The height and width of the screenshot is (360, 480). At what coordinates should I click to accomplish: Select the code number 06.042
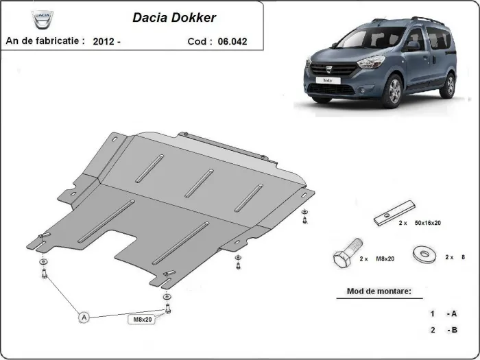(x=232, y=42)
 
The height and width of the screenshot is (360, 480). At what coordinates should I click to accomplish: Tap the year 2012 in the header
(x=106, y=41)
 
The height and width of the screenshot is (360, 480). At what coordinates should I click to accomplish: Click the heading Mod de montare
(x=374, y=291)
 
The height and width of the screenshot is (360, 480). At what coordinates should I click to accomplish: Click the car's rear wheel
(x=448, y=85)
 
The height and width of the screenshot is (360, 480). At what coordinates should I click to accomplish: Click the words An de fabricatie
(x=45, y=41)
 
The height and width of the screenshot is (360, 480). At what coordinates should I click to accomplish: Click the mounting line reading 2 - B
(x=444, y=331)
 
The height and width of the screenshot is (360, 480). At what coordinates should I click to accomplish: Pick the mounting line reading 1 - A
(x=444, y=313)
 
